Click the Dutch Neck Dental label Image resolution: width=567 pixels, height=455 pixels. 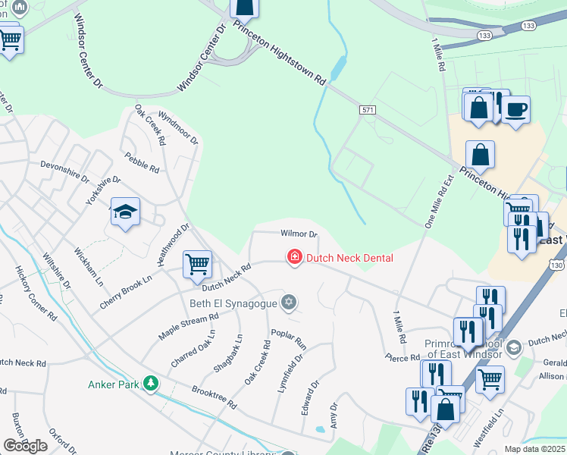[x=349, y=258]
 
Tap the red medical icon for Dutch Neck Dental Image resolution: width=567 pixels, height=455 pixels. [x=293, y=258]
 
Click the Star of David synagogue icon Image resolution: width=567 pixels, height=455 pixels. [x=288, y=303]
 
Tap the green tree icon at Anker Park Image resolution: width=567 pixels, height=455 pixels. [x=152, y=384]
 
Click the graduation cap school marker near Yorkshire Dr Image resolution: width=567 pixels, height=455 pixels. [x=125, y=212]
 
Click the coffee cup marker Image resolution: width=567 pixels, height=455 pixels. [x=515, y=109]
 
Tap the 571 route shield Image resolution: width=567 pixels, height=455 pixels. [x=368, y=111]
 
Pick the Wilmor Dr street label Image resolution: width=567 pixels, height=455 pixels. [x=298, y=234]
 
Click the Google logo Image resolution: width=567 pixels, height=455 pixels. [x=26, y=446]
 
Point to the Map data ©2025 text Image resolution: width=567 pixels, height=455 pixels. [x=534, y=449]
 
